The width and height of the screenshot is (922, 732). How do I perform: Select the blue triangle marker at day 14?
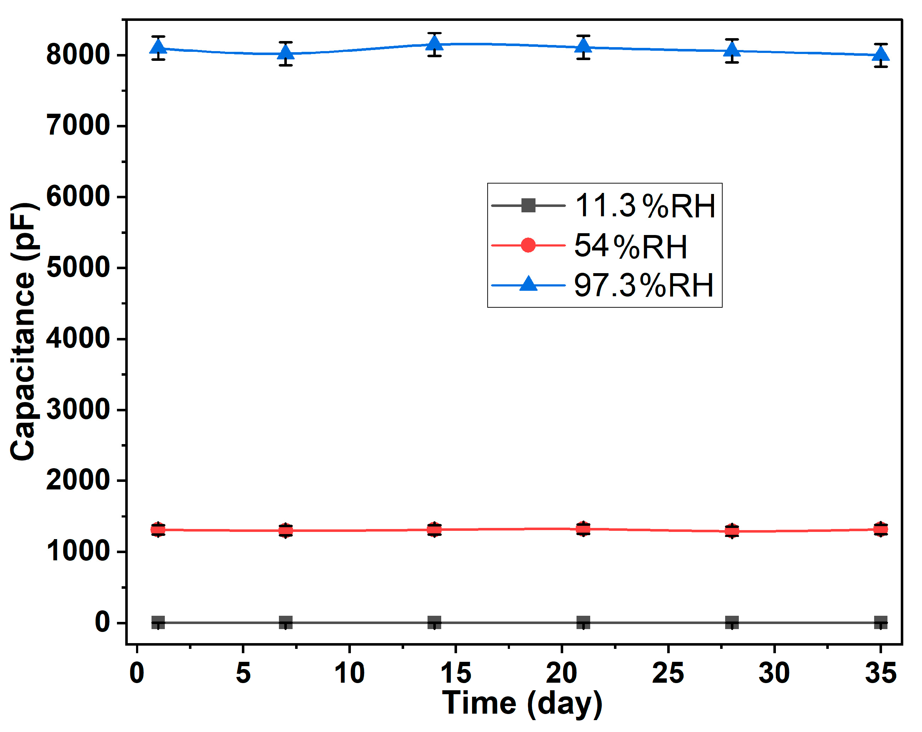[x=434, y=43]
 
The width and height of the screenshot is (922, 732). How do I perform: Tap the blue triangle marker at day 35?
[x=881, y=54]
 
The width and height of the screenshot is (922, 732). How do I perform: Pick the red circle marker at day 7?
[x=286, y=530]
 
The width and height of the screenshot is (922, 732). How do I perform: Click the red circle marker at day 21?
[x=583, y=529]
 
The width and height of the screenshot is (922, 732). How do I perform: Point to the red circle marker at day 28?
[x=732, y=531]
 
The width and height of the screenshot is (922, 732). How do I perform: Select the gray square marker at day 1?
[x=158, y=623]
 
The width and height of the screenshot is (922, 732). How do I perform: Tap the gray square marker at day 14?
[x=434, y=623]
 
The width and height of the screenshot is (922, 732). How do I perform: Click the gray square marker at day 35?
[x=881, y=623]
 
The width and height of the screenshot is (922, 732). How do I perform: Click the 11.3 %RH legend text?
[x=645, y=206]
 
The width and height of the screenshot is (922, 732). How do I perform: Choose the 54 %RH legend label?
[x=631, y=246]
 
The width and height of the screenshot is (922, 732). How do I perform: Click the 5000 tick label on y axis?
[x=78, y=268]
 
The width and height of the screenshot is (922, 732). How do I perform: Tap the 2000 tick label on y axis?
[x=78, y=480]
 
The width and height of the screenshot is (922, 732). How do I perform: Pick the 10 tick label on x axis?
[x=349, y=673]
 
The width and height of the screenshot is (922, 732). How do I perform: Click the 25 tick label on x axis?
[x=668, y=673]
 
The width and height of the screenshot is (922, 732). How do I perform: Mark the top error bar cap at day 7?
[x=286, y=42]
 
